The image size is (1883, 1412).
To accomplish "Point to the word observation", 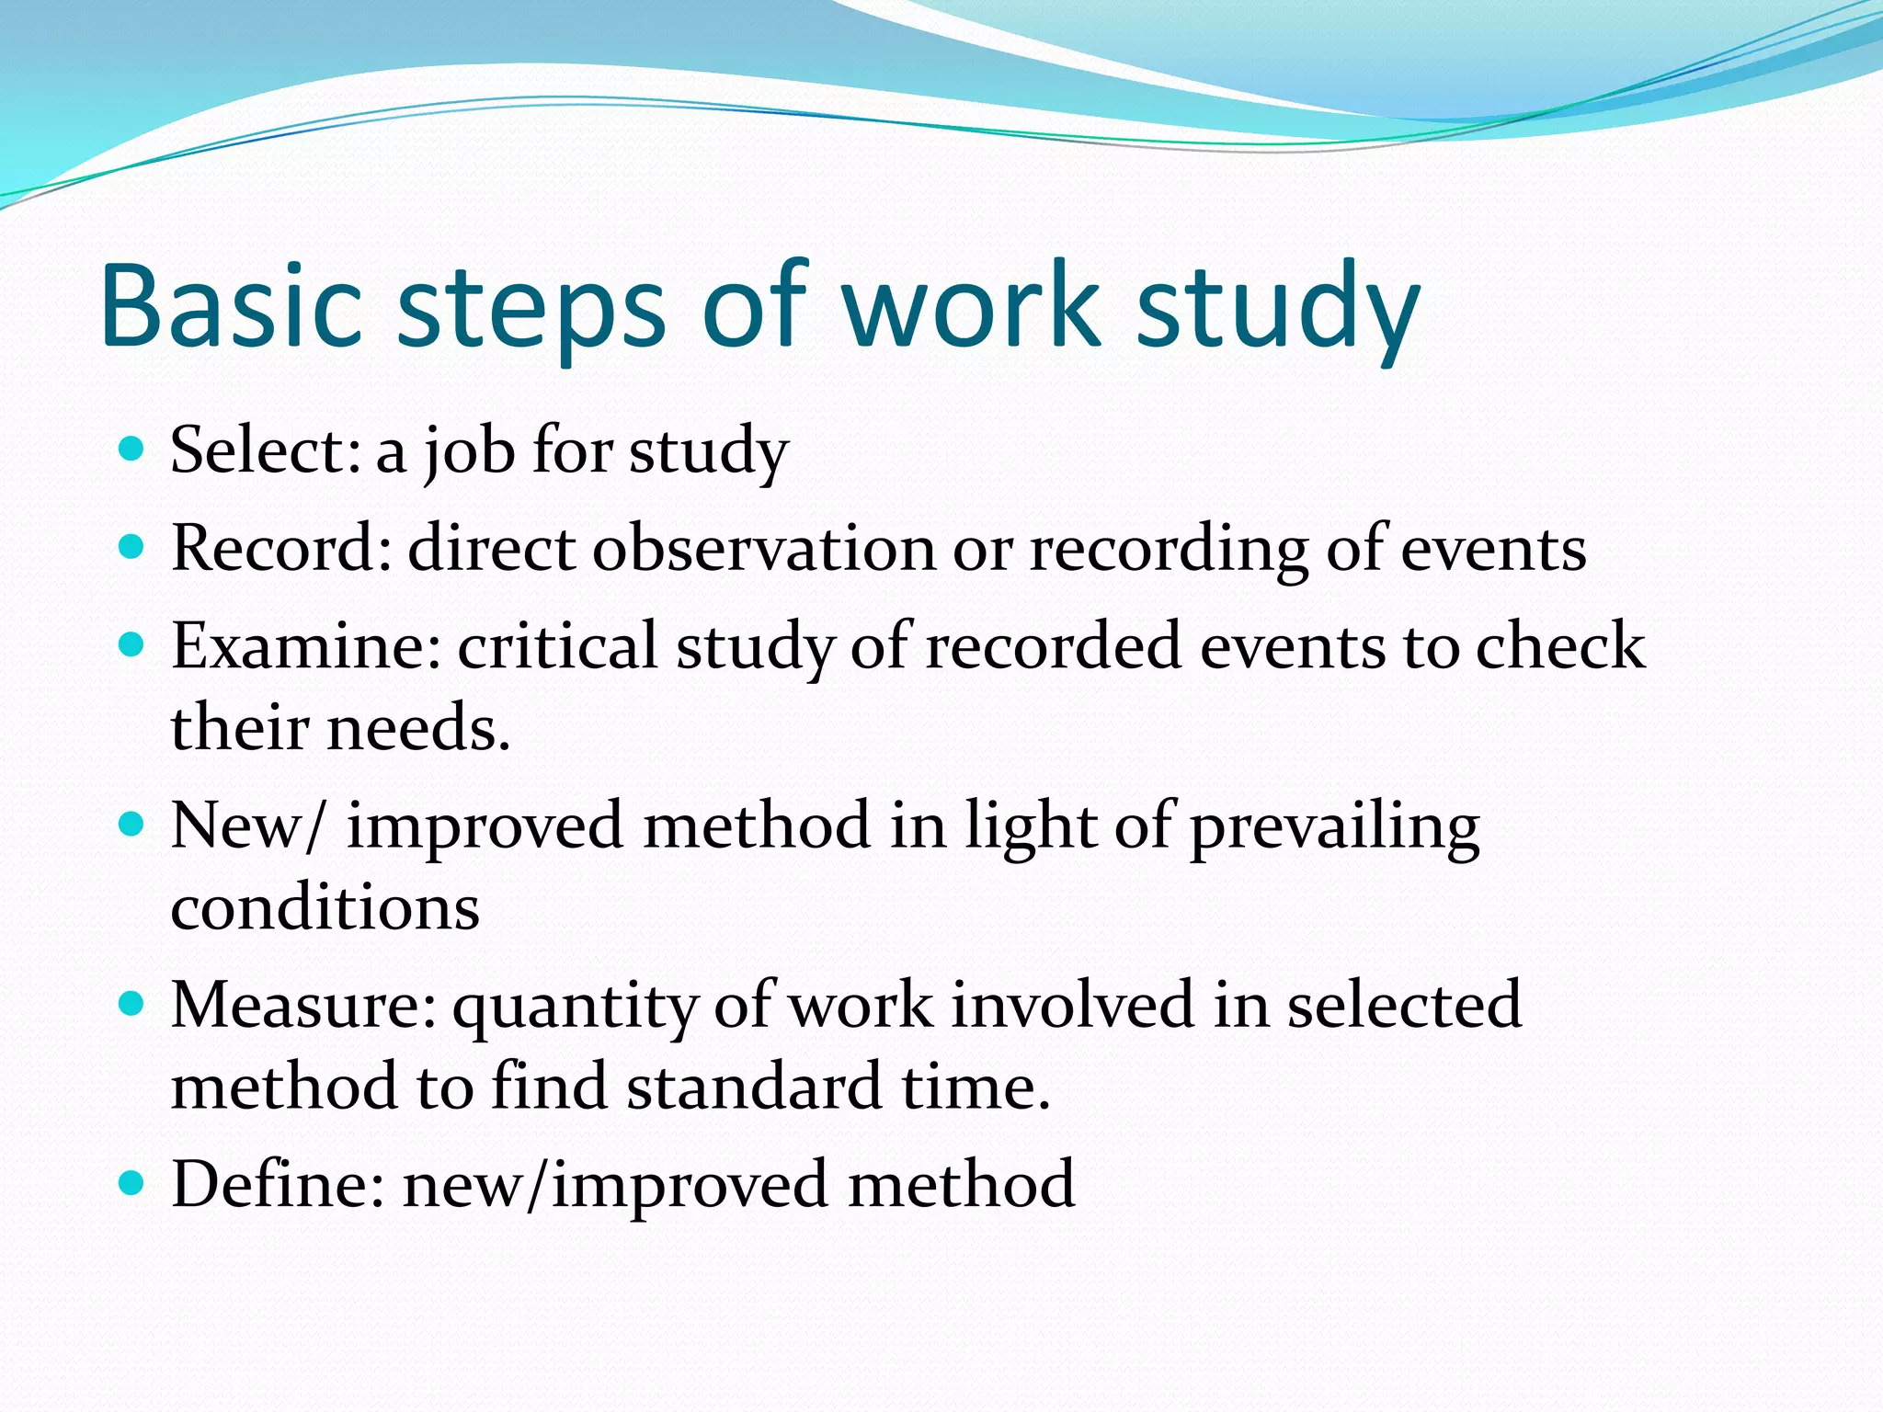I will click(x=762, y=549).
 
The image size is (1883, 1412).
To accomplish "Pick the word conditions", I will click(x=325, y=908).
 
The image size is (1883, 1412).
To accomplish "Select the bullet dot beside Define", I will click(x=132, y=1181).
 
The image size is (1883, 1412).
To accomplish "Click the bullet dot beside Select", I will click(x=132, y=449).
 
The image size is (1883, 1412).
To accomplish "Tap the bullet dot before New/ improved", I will click(x=132, y=823).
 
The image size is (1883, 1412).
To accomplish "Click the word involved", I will click(x=1072, y=1005).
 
